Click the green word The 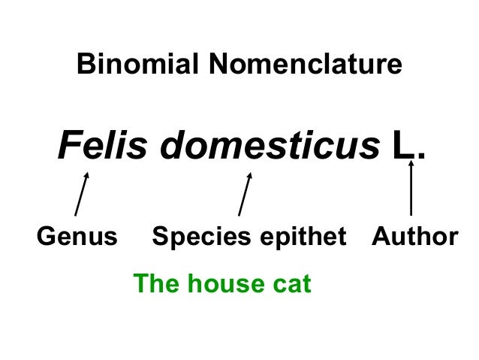pos(155,284)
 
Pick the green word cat pos(291,284)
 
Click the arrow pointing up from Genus pos(82,194)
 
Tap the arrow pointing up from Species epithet pos(245,194)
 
